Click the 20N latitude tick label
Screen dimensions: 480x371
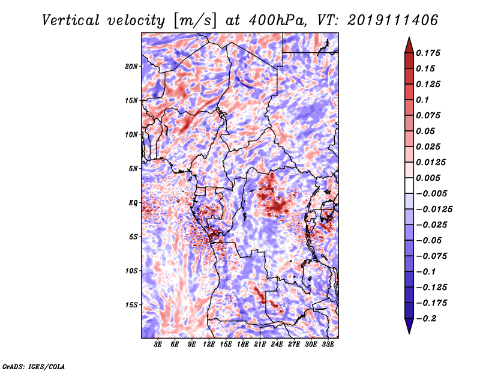click(131, 67)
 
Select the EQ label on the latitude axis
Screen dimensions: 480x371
click(133, 203)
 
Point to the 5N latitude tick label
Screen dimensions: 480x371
click(133, 169)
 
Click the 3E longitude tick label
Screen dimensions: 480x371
click(158, 345)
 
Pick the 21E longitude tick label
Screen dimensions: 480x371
click(260, 345)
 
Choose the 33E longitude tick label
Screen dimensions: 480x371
click(328, 345)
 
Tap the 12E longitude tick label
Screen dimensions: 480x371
click(208, 345)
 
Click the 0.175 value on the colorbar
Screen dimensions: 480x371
click(428, 53)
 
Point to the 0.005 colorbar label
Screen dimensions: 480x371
click(428, 178)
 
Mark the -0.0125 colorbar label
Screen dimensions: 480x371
click(434, 210)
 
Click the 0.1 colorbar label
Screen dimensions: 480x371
click(422, 100)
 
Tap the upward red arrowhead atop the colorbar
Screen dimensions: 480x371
click(409, 45)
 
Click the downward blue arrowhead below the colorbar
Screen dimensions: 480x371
click(409, 326)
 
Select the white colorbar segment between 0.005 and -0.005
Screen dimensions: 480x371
click(409, 185)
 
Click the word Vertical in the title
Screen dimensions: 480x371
click(71, 20)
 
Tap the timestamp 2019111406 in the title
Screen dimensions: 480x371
click(393, 20)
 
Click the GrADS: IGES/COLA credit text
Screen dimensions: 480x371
click(34, 367)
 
